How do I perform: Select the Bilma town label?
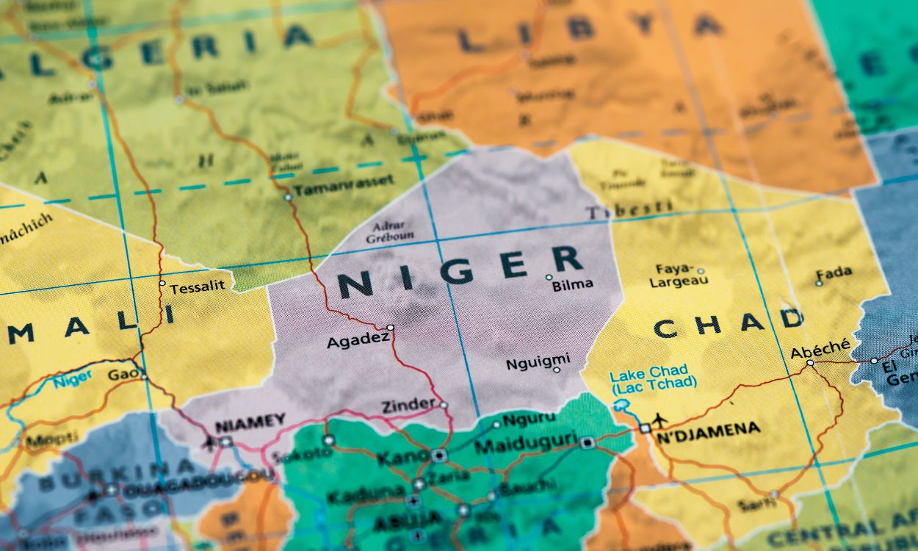click(x=572, y=284)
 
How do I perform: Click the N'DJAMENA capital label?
click(x=707, y=428)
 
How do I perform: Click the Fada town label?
click(x=834, y=273)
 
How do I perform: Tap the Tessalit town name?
click(x=197, y=288)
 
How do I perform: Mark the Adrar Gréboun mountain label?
click(x=389, y=231)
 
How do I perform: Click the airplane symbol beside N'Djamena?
click(x=660, y=419)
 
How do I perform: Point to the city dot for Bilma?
click(x=549, y=277)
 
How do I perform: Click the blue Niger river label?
click(x=72, y=379)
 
